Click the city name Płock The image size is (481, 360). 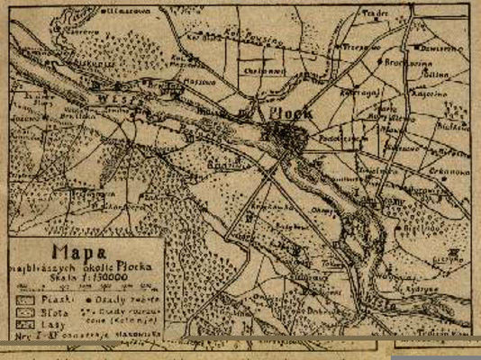click(x=289, y=114)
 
